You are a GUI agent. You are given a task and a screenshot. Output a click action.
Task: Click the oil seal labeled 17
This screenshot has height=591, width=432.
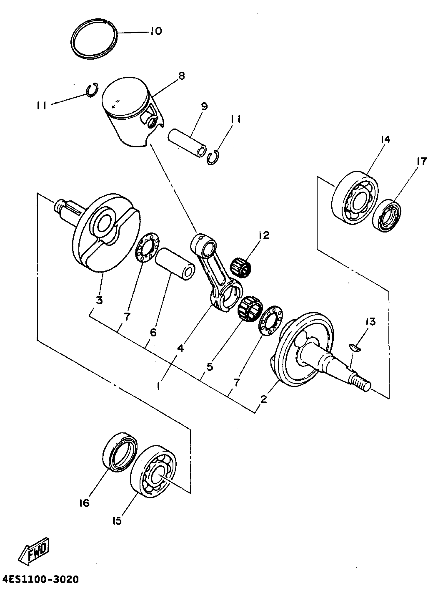coord(387,216)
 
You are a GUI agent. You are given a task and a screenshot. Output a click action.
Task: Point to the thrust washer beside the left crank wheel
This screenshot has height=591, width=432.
coord(147,247)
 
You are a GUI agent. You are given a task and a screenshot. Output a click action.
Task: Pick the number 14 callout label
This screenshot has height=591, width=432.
coord(385,139)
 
